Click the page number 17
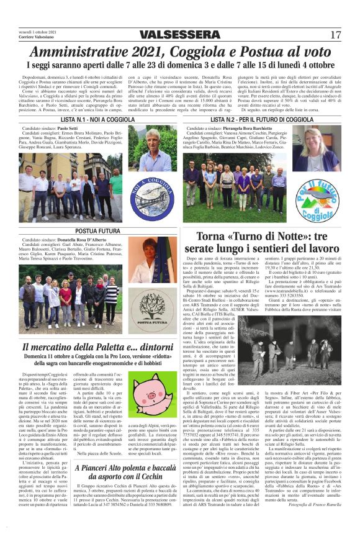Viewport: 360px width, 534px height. (335, 34)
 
